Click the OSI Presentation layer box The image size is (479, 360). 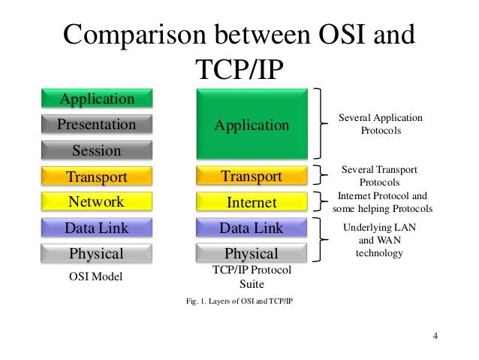96,124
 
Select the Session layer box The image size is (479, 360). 96,150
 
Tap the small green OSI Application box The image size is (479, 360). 96,98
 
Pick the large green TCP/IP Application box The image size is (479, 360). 252,124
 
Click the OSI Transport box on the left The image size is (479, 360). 96,177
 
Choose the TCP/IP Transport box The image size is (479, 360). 252,177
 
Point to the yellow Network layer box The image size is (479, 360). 96,201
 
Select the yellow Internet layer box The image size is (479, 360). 252,202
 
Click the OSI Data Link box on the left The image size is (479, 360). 96,228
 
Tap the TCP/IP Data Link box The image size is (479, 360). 252,228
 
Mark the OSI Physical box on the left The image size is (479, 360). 96,253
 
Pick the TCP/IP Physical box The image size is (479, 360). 252,253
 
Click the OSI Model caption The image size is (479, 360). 95,277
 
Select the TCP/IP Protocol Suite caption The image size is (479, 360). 252,277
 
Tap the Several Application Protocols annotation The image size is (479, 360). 381,125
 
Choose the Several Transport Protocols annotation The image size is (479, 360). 379,176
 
